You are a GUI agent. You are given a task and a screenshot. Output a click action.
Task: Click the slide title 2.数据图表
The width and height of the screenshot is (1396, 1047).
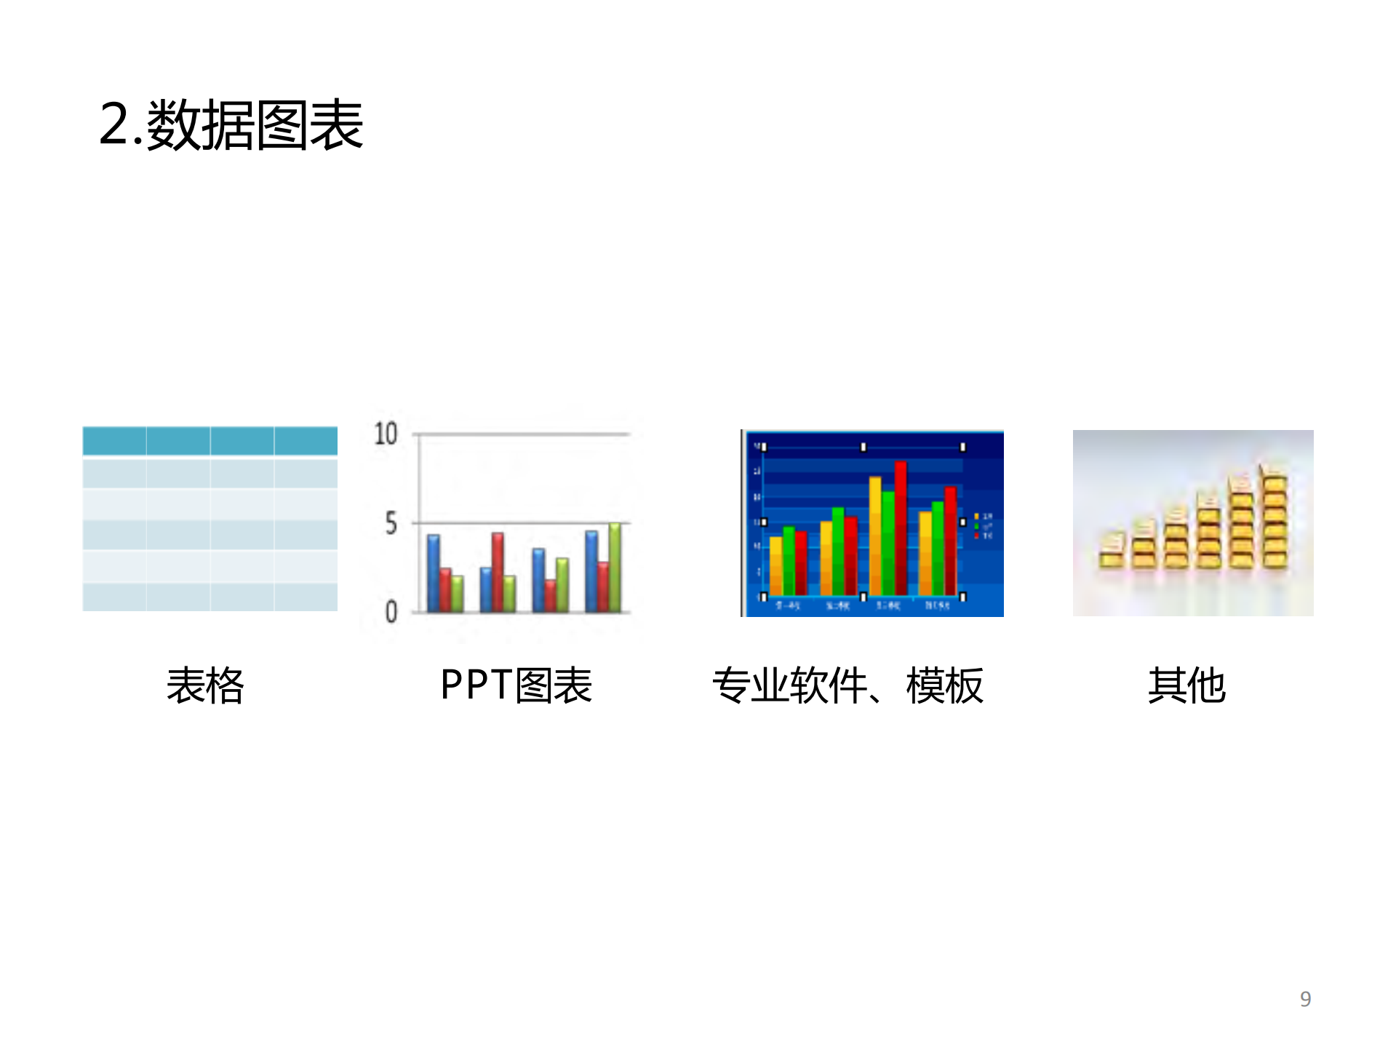tap(231, 125)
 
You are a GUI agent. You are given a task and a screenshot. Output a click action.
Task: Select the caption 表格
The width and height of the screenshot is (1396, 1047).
tap(205, 685)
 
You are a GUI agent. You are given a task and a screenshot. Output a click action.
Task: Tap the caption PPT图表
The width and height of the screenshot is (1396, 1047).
tap(516, 685)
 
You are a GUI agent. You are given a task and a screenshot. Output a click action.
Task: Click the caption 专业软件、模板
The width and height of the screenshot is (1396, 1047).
tap(847, 685)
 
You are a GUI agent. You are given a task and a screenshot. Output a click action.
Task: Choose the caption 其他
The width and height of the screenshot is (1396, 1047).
tap(1186, 685)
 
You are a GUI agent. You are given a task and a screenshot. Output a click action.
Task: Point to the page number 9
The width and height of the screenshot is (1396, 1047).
tap(1305, 999)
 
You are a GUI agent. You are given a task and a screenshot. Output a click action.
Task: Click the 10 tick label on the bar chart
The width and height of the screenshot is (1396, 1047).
tap(386, 434)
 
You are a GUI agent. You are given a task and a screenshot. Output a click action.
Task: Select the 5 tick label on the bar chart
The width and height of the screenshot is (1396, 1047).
tap(391, 524)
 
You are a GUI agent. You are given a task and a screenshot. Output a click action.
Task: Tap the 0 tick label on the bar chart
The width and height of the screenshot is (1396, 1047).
tap(391, 612)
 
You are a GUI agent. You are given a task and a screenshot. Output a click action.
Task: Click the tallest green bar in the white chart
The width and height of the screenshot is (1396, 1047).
tap(615, 568)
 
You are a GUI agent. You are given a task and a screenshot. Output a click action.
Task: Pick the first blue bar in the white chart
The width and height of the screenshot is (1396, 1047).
tap(434, 573)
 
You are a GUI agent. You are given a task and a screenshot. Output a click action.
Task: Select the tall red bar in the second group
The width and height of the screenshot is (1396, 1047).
tap(498, 572)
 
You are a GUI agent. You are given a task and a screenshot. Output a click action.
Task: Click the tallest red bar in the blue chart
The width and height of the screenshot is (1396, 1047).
tap(901, 528)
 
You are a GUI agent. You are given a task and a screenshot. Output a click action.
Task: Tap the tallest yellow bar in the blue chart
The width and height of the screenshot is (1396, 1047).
tap(875, 536)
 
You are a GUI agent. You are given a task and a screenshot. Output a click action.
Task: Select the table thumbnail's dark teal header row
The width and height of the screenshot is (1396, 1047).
tap(210, 441)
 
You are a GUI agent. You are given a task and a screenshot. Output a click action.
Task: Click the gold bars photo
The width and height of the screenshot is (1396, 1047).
tap(1193, 522)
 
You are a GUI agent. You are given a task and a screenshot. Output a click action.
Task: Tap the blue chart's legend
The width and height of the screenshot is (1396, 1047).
tap(982, 526)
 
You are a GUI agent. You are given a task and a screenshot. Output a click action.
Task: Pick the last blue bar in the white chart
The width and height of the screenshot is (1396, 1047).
tap(592, 571)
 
